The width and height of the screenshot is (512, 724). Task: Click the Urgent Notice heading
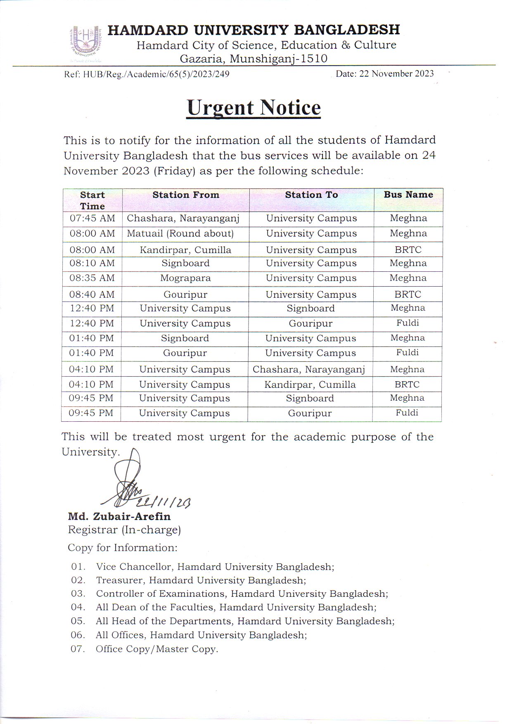point(254,108)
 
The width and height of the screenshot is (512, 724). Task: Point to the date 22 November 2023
point(384,74)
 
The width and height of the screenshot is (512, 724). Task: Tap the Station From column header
point(186,195)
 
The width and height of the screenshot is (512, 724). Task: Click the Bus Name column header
point(408,195)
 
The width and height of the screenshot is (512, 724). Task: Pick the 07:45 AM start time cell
point(92,218)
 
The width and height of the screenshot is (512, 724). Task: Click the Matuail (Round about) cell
point(180,234)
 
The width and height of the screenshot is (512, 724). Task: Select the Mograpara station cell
point(185,278)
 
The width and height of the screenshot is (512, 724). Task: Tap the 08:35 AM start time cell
point(92,278)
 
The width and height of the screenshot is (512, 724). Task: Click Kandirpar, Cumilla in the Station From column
point(185,250)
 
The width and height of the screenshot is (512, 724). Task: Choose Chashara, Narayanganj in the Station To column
point(309,370)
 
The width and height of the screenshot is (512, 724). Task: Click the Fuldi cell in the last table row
point(407,413)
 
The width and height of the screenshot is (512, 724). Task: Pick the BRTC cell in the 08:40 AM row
point(408,295)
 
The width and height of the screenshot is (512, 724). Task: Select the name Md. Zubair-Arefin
point(119,517)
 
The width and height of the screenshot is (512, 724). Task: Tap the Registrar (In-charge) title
point(124,530)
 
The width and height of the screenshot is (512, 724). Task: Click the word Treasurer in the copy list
point(120,580)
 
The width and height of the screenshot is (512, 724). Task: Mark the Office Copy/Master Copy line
point(157,649)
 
